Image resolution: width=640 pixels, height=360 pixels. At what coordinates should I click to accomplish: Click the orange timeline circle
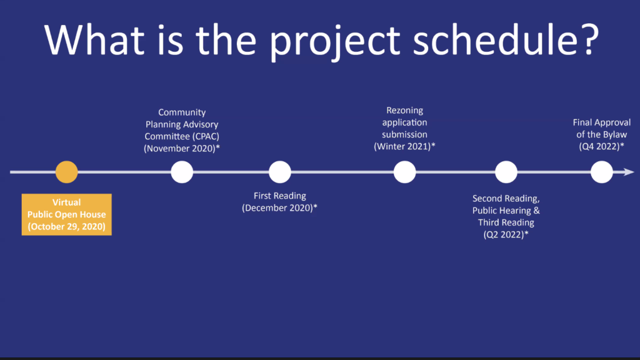click(66, 172)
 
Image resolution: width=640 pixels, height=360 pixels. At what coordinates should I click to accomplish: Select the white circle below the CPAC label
click(182, 172)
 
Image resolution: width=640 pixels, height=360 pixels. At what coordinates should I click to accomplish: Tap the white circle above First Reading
click(280, 172)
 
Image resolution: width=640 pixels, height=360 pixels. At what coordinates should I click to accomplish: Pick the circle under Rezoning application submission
click(405, 172)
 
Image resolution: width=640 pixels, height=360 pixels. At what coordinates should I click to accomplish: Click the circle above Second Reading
click(506, 172)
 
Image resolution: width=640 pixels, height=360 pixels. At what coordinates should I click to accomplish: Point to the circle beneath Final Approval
click(602, 172)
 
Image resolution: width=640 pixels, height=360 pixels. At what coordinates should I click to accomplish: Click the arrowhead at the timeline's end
click(629, 172)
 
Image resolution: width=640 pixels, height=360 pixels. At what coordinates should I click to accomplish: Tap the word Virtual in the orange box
click(66, 202)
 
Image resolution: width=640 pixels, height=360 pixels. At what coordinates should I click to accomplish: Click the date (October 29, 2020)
click(66, 226)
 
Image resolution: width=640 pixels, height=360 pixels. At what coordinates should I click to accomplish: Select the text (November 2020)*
click(182, 149)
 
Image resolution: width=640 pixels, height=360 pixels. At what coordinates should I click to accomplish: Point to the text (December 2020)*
click(279, 207)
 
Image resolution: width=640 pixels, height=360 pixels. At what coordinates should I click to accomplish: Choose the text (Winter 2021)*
click(404, 146)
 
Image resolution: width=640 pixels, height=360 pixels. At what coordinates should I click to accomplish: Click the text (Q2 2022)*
click(506, 235)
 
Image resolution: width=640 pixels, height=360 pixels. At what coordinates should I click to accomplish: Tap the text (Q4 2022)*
click(602, 146)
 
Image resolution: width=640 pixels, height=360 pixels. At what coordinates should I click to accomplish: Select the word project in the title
click(335, 42)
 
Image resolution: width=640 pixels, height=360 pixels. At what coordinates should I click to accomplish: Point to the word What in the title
click(94, 40)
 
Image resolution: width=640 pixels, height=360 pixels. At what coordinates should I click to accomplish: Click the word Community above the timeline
click(182, 112)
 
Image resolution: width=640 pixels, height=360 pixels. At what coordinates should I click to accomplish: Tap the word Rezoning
click(405, 111)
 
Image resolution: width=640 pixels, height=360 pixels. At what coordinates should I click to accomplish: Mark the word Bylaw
click(615, 135)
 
